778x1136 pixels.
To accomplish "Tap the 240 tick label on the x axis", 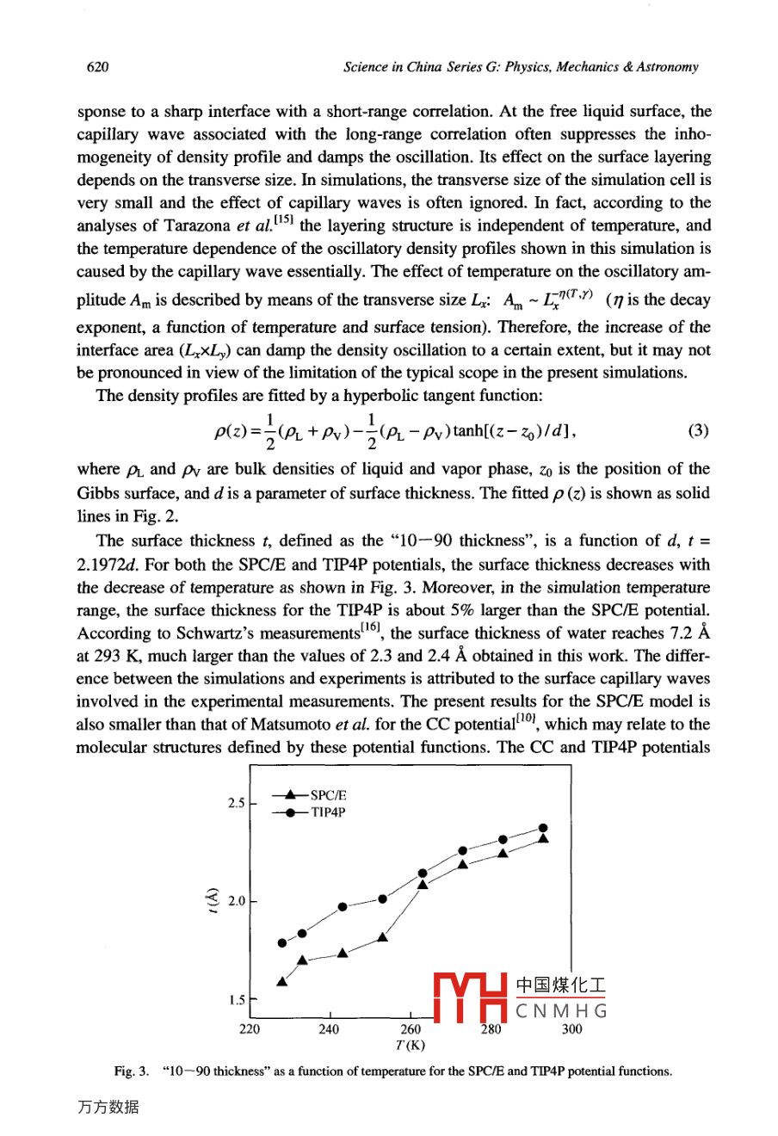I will tap(329, 1029).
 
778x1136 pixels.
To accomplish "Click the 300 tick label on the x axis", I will tap(571, 1029).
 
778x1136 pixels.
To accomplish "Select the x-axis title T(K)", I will tap(411, 1046).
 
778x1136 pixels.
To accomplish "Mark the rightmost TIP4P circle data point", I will tap(543, 828).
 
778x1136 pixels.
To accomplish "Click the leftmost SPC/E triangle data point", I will tap(281, 982).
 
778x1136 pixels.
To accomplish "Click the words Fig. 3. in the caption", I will tap(129, 1071).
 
